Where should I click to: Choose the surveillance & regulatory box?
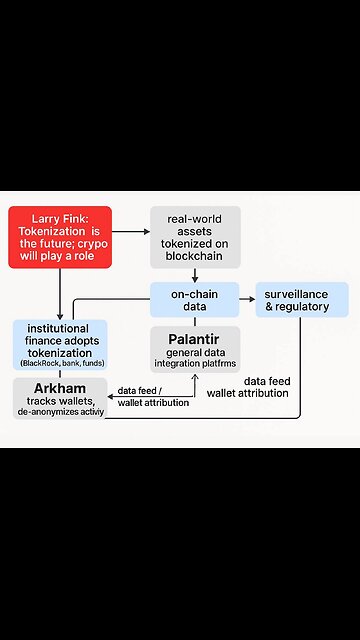click(x=302, y=301)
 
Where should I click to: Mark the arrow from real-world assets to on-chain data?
click(x=195, y=275)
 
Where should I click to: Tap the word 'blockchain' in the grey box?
click(x=195, y=257)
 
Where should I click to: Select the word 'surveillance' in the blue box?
click(x=303, y=294)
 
